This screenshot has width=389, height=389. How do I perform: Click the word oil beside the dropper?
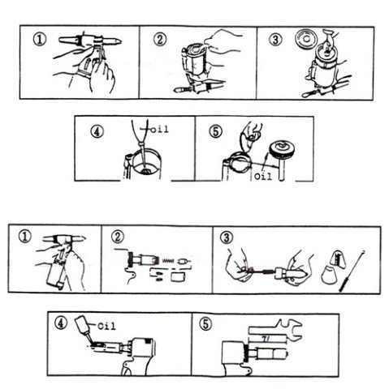(159, 130)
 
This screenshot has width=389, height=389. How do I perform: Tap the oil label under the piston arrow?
(263, 177)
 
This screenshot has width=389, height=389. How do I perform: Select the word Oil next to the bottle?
(106, 326)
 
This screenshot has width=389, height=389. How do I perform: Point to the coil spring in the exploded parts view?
(168, 261)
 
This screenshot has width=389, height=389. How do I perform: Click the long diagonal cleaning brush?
(352, 271)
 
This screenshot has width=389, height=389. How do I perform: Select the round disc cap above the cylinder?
(306, 39)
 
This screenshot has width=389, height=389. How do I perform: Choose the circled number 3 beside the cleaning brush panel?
(227, 237)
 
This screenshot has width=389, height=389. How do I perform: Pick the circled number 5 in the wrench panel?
(205, 324)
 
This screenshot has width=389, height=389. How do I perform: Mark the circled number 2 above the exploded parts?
(118, 237)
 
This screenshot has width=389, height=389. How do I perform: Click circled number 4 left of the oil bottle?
(61, 323)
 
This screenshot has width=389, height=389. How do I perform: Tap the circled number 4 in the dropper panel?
(97, 131)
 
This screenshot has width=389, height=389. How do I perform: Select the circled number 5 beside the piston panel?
(216, 131)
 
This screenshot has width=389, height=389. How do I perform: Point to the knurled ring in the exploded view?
(132, 260)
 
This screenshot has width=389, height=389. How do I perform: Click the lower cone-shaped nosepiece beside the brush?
(329, 276)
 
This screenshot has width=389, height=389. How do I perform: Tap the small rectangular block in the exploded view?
(179, 277)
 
